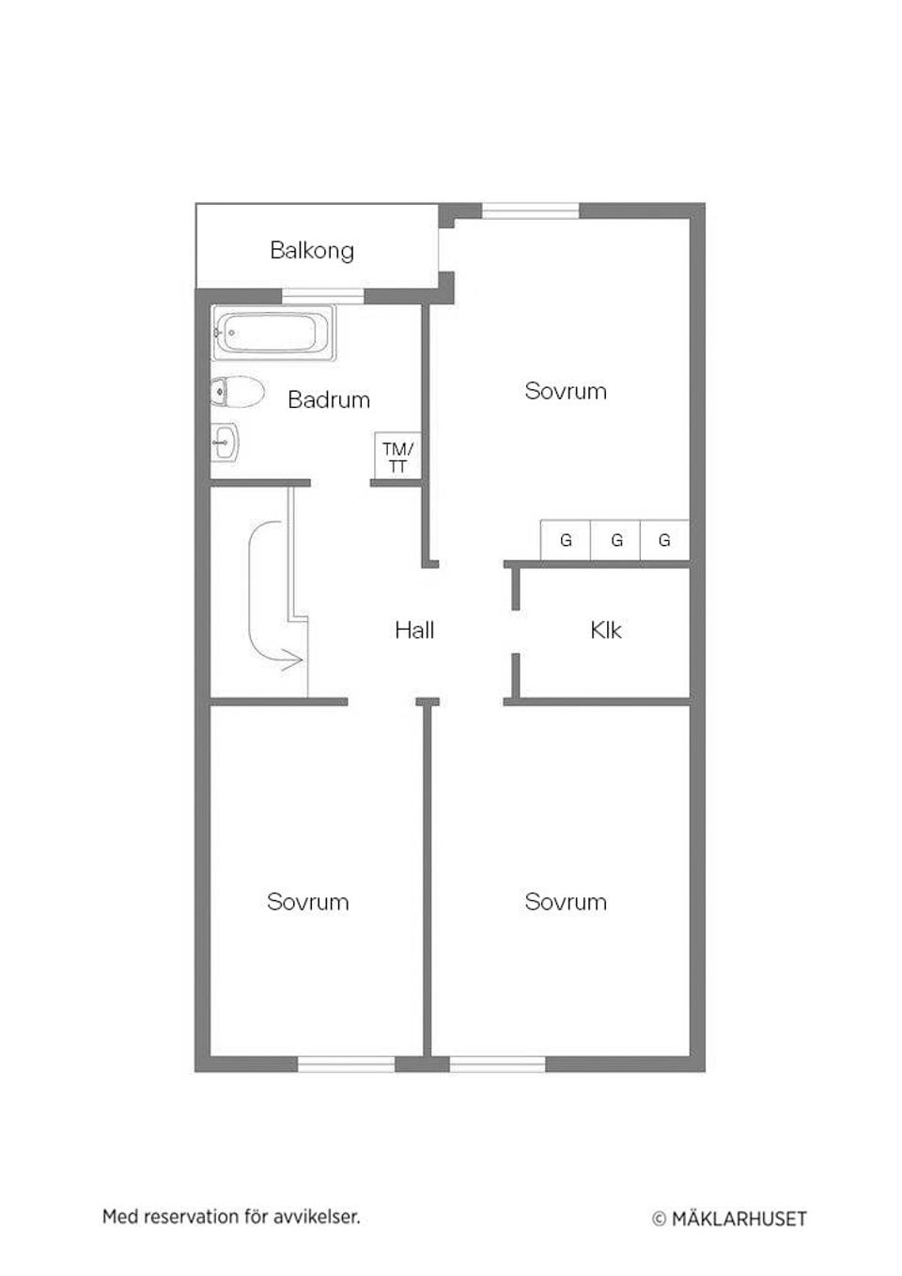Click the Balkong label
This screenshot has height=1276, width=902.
point(312,251)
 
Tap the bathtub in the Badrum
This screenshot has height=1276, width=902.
point(273,334)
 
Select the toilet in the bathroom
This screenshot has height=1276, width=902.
point(236,393)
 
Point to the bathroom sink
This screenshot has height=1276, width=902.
point(225,441)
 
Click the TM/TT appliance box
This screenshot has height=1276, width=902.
point(397,458)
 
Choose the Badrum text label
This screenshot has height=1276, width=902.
point(329,400)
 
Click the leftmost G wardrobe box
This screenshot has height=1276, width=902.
point(566,540)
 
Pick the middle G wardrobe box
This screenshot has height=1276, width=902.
point(616,540)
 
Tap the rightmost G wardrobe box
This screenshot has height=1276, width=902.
point(665,540)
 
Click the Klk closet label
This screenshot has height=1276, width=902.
point(606,630)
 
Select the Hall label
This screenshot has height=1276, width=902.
point(414,630)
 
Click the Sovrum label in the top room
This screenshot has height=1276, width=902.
point(566,391)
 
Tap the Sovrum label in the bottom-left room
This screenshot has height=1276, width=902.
point(308,902)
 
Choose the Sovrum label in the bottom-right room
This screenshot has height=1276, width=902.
point(566,902)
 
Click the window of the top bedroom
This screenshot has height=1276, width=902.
point(531,211)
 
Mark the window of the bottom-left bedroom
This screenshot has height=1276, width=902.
point(347,1064)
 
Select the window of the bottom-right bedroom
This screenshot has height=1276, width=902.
point(498,1064)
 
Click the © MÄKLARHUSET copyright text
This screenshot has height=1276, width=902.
point(730,1219)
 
